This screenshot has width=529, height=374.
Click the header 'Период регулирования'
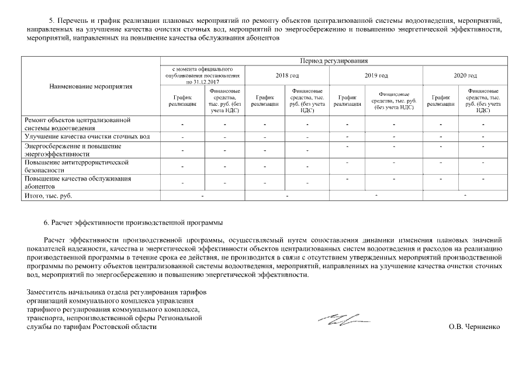tap(333, 61)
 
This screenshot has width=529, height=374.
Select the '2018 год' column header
tap(287, 75)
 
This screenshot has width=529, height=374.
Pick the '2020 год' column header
tap(465, 75)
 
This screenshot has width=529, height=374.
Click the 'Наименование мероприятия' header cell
tap(91, 86)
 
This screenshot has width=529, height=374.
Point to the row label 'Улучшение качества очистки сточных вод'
tap(88, 137)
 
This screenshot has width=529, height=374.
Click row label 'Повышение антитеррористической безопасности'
tap(76, 166)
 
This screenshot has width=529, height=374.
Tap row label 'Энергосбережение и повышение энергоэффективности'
tap(72, 150)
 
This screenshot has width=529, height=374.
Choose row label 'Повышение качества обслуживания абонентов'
tap(78, 182)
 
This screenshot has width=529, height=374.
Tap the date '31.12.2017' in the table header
tap(210, 82)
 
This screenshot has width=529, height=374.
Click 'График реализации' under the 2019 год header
tap(347, 101)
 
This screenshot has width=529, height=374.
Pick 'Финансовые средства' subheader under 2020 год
tap(483, 101)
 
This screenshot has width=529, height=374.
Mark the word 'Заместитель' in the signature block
tap(46, 292)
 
